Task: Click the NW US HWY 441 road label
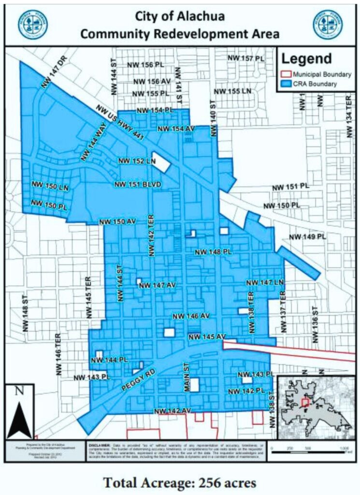point(120,123)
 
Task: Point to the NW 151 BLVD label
point(137,185)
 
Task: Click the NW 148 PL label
point(214,252)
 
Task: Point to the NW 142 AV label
point(173,411)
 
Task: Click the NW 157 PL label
point(246,58)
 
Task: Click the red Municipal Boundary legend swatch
point(287,74)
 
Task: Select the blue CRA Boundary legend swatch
point(287,84)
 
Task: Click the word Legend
point(306,59)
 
